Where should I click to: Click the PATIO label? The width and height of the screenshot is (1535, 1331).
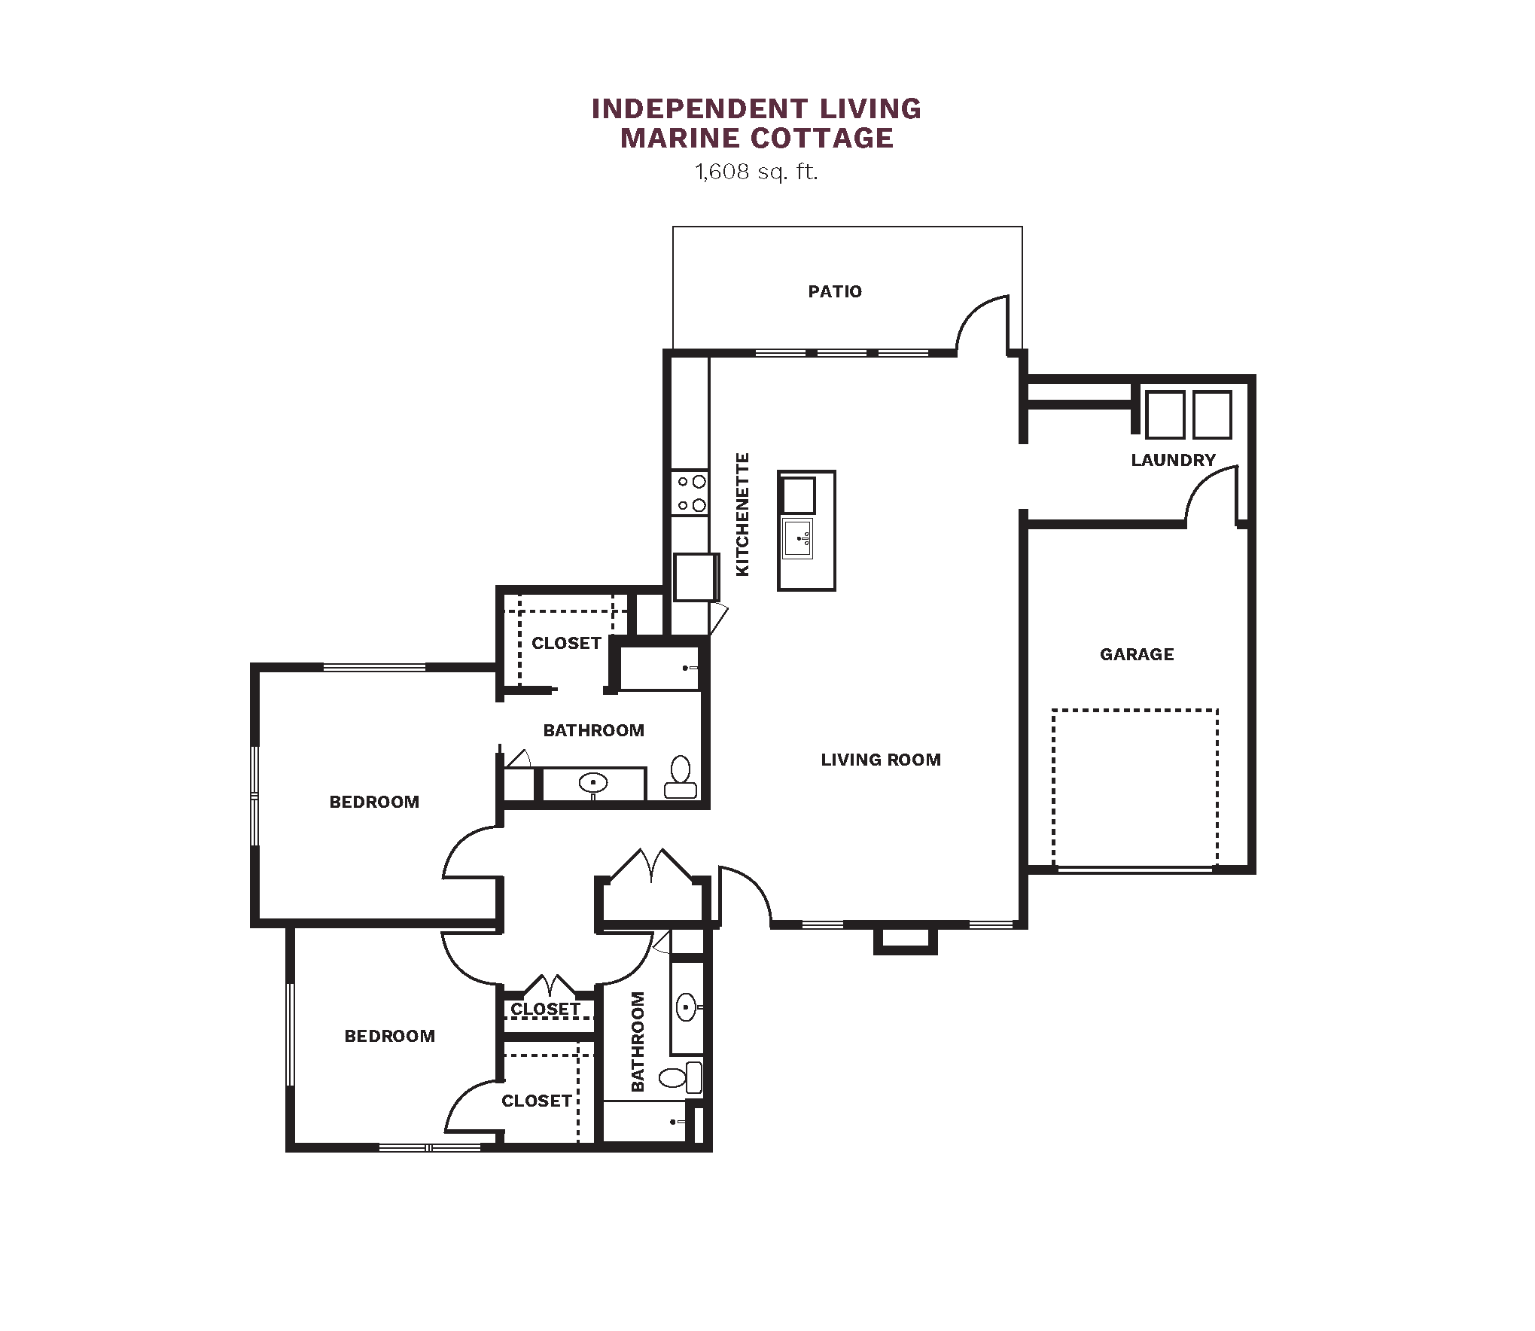pos(835,291)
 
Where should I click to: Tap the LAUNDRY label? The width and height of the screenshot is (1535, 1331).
pos(1173,460)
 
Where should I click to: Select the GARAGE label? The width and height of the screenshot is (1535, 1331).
pos(1137,654)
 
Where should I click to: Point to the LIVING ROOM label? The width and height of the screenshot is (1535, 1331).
pos(881,760)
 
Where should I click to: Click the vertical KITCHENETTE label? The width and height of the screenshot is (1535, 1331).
pos(742,515)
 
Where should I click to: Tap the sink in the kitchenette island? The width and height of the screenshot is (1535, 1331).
pos(798,538)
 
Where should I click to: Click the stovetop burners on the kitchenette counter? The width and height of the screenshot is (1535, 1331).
pos(690,493)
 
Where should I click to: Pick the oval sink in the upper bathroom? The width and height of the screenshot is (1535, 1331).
pos(593,783)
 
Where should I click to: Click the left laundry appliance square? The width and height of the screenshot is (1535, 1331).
pos(1165,414)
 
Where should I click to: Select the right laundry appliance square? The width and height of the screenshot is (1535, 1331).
pos(1212,414)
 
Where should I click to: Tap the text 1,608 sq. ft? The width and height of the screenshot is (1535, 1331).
pos(756,172)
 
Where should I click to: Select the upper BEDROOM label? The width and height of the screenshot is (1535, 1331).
pos(374,802)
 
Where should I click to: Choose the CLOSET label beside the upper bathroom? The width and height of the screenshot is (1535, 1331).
pos(566,643)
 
